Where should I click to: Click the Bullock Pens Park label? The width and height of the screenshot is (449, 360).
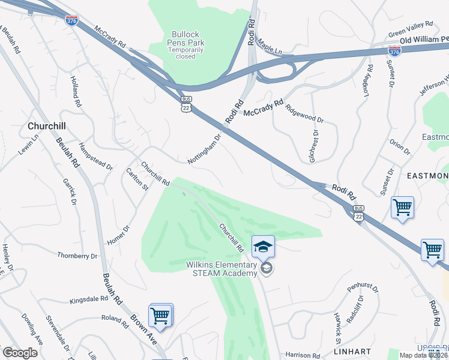tap(188, 43)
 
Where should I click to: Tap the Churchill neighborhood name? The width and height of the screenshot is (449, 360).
tap(46, 126)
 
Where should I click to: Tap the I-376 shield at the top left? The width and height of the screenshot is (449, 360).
tap(71, 20)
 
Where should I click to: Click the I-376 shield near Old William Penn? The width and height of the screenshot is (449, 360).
tap(394, 52)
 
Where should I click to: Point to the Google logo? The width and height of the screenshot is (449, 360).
tap(20, 353)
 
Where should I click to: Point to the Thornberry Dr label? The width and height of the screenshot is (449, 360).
tap(77, 256)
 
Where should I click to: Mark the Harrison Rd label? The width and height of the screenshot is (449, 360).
tap(303, 356)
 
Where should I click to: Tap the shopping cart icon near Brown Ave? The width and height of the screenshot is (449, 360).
tap(160, 315)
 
